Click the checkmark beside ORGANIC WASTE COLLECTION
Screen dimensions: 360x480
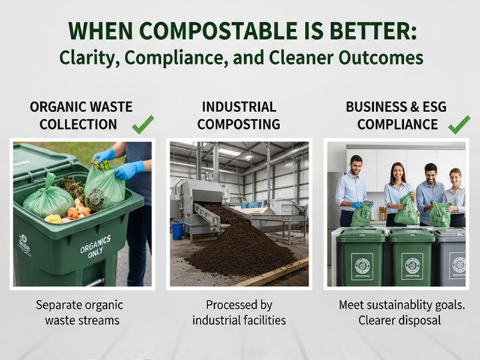[143, 124]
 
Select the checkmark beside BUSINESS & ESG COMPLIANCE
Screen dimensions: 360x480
[459, 124]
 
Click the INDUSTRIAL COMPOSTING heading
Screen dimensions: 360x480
[239, 116]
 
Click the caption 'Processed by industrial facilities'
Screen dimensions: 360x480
[239, 312]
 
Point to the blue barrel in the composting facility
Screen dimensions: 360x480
[176, 232]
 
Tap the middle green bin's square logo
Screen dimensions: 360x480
[413, 265]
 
